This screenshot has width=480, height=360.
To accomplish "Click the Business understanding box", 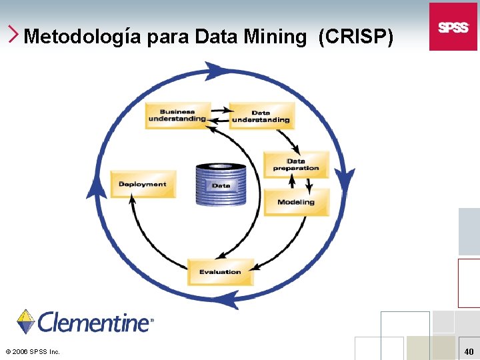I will coord(178,115).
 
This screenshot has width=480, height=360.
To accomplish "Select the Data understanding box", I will coord(261,115).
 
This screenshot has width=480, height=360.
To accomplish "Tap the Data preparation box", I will coord(296,165).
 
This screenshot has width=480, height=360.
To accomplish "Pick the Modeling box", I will coord(296,202).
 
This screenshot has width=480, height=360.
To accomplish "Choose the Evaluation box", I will coord(221,271).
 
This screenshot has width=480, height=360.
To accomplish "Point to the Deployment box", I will coord(143,184).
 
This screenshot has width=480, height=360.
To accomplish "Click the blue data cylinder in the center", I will coord(221,184).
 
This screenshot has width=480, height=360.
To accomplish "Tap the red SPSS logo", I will coord(453,27).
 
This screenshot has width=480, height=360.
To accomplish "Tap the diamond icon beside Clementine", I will coord(26,321).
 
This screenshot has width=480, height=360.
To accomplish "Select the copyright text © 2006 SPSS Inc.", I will coord(32,351).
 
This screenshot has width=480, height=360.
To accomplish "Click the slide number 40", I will coord(469,351).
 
